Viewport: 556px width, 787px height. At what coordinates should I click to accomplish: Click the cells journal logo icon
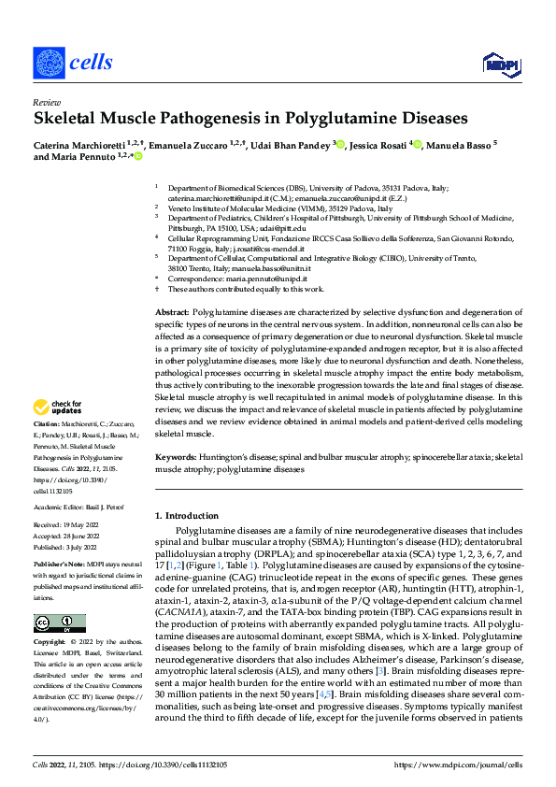[49, 63]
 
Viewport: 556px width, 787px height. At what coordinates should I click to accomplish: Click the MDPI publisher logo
[498, 64]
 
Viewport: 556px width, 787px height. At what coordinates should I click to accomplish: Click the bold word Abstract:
[172, 311]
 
